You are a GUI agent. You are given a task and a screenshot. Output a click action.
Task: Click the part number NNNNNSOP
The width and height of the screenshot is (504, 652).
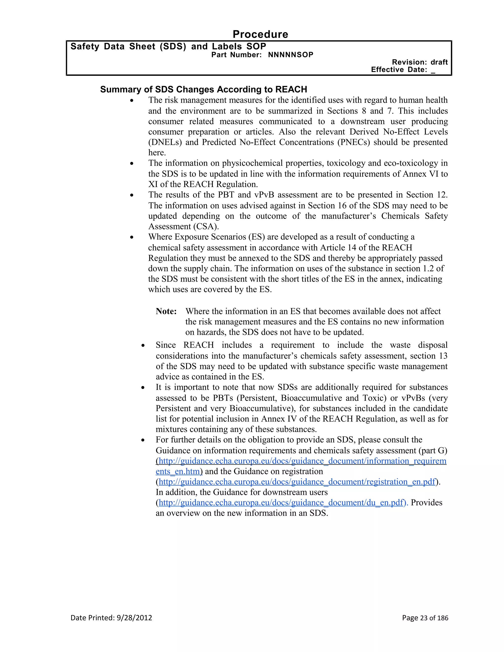coord(291,55)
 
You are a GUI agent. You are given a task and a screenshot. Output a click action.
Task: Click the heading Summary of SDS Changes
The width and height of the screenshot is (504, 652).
coord(203,89)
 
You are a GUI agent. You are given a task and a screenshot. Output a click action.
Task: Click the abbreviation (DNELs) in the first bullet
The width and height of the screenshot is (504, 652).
coord(165,142)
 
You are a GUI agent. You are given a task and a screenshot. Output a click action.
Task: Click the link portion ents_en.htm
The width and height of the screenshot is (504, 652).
coord(178,471)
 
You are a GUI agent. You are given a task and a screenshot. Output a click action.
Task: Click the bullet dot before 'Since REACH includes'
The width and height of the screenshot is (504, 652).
coord(143,346)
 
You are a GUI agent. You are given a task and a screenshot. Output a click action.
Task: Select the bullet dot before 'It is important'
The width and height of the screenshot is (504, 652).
coord(143,388)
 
